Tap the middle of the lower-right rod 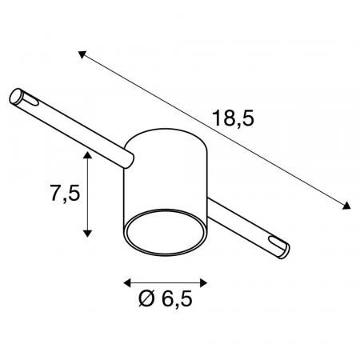click(240, 224)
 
